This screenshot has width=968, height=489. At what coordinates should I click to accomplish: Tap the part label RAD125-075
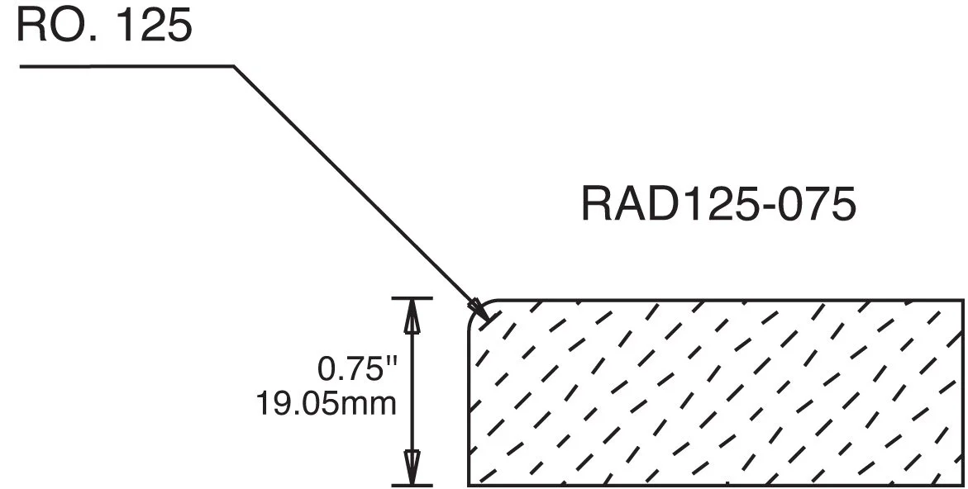click(x=718, y=205)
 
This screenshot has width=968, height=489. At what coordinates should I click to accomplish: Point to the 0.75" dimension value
click(x=352, y=369)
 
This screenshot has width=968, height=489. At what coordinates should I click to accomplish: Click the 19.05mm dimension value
click(x=326, y=405)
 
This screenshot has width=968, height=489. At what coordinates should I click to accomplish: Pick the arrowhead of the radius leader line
click(x=479, y=311)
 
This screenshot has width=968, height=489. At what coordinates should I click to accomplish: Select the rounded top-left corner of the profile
click(x=476, y=308)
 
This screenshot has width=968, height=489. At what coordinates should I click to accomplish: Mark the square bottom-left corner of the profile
click(x=470, y=484)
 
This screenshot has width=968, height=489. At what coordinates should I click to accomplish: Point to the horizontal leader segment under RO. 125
click(x=124, y=66)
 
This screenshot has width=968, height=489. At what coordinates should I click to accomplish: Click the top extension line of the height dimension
click(x=412, y=297)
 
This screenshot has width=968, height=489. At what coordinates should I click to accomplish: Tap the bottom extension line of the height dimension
click(x=412, y=485)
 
